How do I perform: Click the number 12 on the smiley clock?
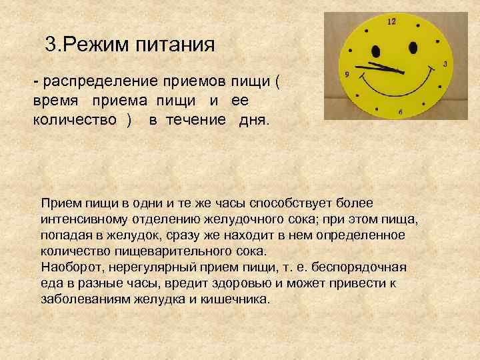(x=391, y=22)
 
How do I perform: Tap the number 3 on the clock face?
(x=445, y=64)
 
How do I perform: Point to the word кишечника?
(x=239, y=299)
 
